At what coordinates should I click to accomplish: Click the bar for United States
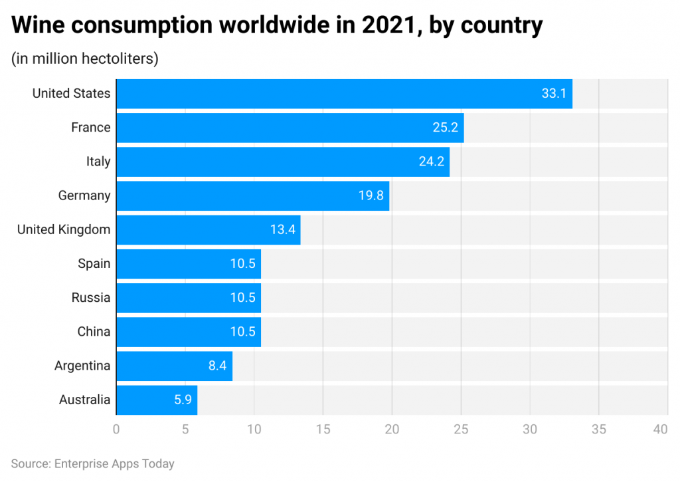click(x=344, y=94)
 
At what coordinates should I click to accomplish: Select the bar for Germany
click(x=252, y=195)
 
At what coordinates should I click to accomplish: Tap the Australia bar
click(x=157, y=400)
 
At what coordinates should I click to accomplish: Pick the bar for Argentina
click(x=174, y=366)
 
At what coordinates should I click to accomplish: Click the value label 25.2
click(x=445, y=128)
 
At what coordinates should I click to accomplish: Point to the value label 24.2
click(x=431, y=162)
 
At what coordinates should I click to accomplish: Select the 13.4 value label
click(x=282, y=230)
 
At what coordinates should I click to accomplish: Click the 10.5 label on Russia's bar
click(x=242, y=298)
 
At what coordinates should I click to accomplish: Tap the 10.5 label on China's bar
click(x=242, y=332)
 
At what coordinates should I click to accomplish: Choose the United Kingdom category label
click(x=64, y=230)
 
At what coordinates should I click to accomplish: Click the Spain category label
click(x=94, y=264)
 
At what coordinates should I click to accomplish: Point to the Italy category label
click(x=98, y=162)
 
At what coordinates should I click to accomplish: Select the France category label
click(x=91, y=128)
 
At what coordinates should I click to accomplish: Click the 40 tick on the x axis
click(x=660, y=429)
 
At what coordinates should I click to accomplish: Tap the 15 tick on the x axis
click(x=323, y=429)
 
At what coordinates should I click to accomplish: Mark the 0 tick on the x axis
click(x=116, y=429)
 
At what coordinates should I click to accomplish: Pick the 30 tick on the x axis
click(x=529, y=429)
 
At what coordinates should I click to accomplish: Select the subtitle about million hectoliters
click(x=84, y=59)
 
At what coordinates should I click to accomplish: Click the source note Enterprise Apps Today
click(x=92, y=463)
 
